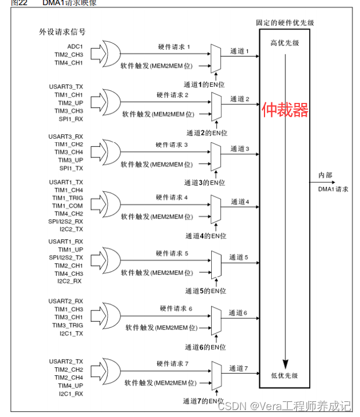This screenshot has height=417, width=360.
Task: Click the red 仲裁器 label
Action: point(285,110)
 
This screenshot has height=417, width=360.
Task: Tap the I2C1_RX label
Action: point(71,393)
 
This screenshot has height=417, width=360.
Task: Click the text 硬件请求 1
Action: point(174,45)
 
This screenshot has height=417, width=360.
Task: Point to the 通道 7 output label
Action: point(238,368)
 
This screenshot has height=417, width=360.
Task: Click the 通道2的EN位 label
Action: point(205,132)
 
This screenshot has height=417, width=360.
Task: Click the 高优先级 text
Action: point(285,43)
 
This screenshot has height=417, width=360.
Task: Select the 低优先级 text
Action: point(284,375)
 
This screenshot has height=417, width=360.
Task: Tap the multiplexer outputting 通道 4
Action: point(215,208)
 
